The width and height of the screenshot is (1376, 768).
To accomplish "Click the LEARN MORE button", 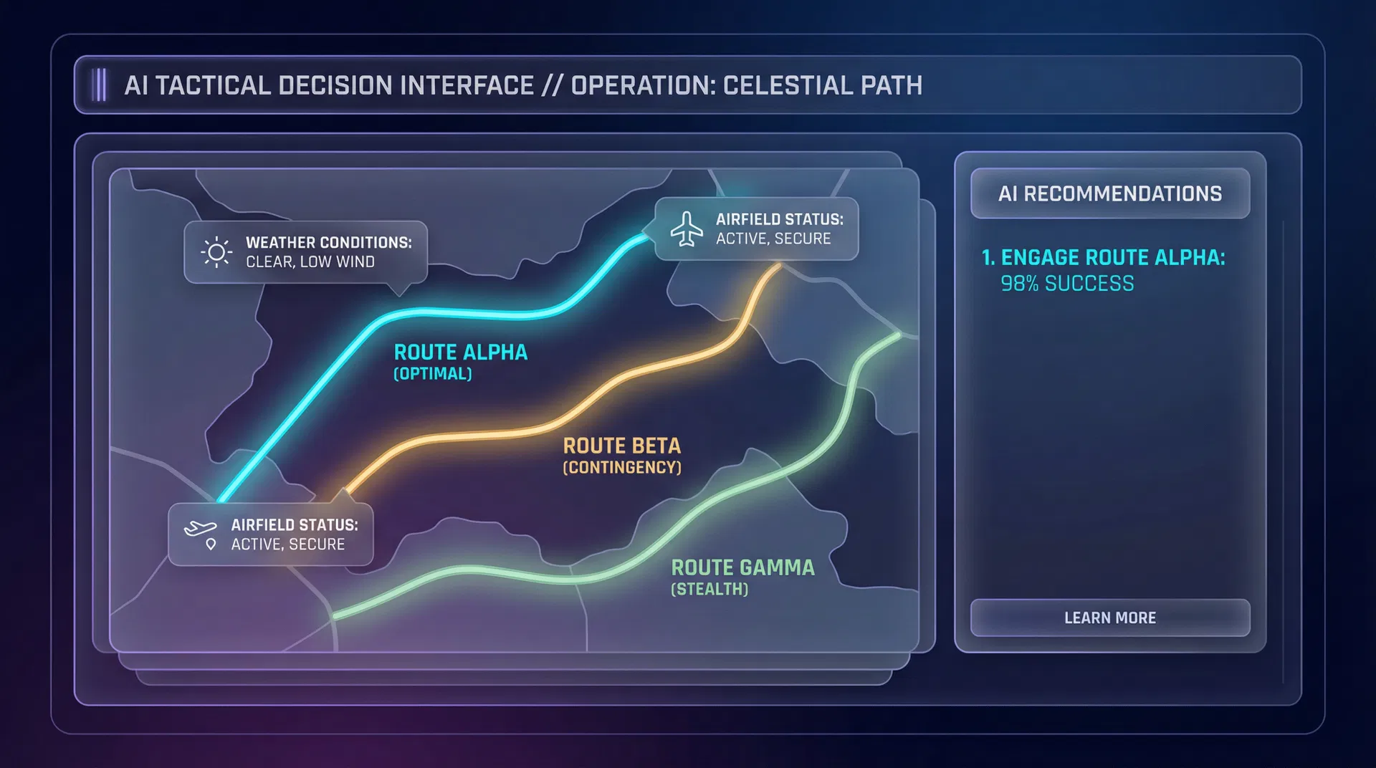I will pos(1109,618).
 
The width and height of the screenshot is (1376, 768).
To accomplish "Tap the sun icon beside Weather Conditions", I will pos(216,252).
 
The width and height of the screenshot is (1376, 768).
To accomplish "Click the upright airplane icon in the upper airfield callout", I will pos(687,229).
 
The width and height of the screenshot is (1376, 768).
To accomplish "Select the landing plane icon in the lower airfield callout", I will pos(200,529).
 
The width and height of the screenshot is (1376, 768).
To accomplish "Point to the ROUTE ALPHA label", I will pos(460,352).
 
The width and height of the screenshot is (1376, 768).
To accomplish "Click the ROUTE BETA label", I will pos(621,446).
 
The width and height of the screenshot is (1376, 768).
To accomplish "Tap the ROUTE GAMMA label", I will pos(742,568).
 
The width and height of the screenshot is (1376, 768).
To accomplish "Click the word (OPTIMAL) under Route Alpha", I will pos(433,374).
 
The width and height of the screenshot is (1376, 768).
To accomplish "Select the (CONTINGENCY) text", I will pos(621,468).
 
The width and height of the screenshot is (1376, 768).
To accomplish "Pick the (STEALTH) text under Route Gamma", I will pos(709,590).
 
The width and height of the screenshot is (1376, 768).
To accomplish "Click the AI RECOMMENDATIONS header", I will pos(1109,193).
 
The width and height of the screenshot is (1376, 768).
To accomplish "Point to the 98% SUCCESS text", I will pos(1067,284).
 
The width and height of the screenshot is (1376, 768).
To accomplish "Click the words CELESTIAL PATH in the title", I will pos(822,85).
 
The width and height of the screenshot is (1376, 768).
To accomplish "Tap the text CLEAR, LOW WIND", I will pos(310,262).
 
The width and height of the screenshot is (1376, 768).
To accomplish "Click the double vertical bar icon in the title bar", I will pos(100,85).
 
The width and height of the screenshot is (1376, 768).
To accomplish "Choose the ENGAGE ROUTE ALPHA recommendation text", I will pos(1104,257).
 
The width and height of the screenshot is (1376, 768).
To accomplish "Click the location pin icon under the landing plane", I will pos(211,544).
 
